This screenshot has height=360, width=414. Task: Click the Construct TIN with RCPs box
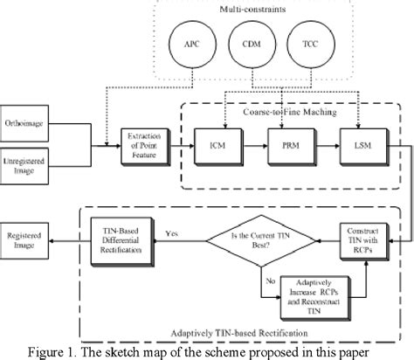360,234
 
